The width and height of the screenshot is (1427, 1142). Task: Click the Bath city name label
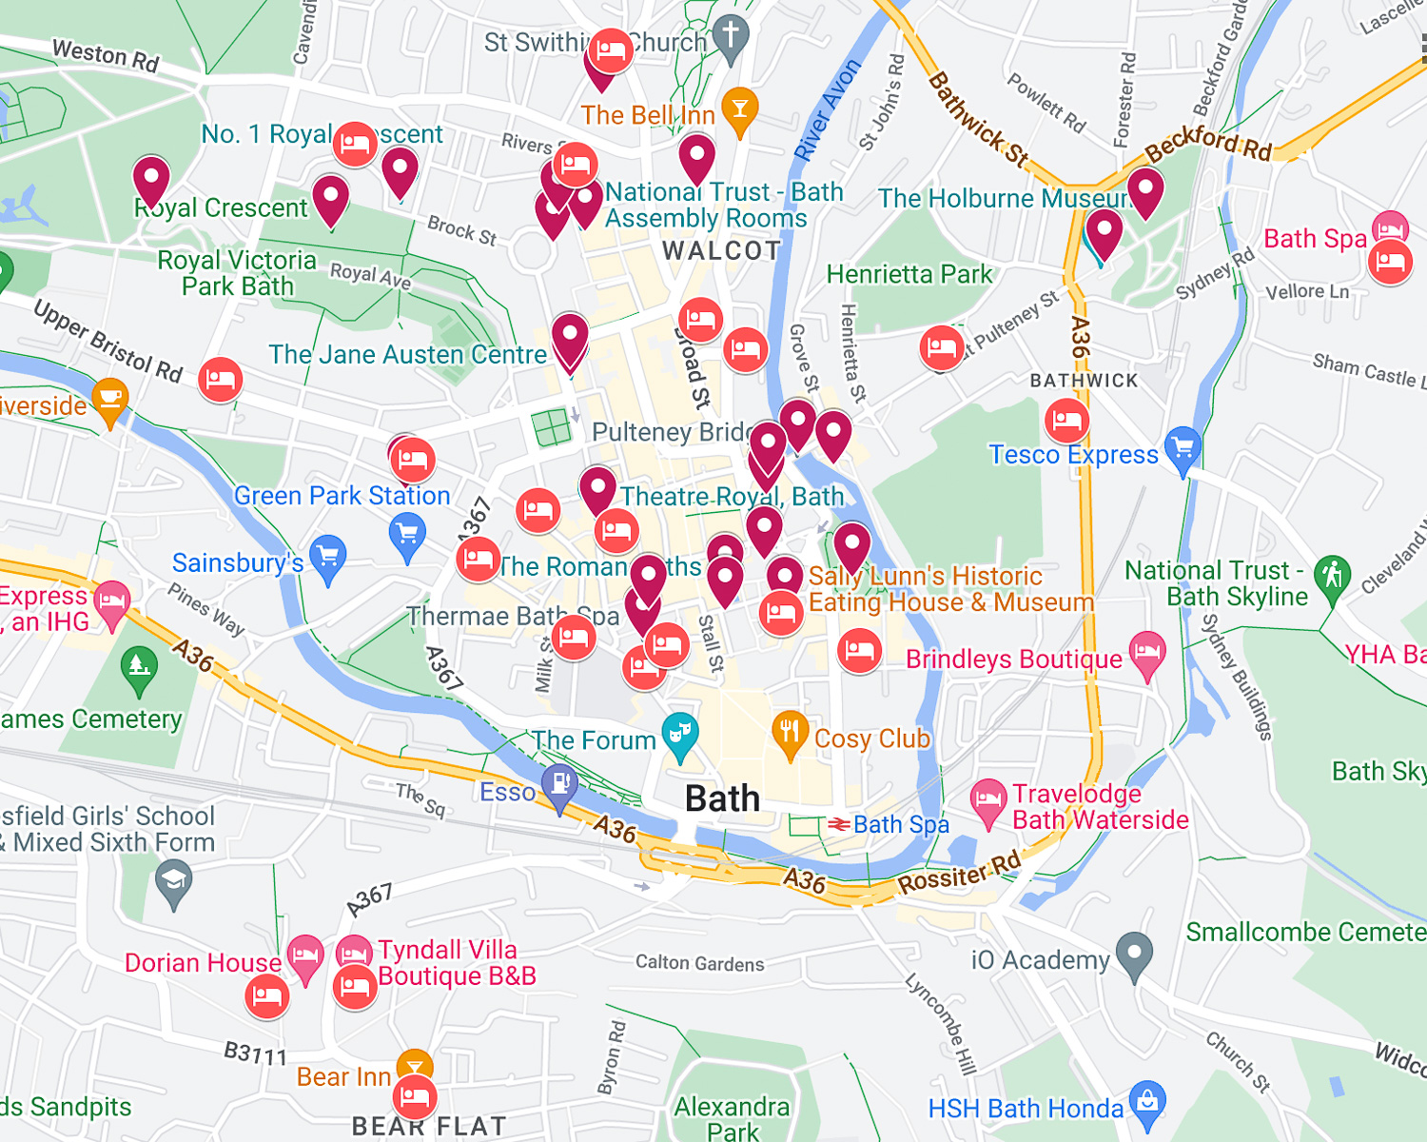722,798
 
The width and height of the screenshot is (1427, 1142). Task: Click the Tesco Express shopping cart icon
1183,447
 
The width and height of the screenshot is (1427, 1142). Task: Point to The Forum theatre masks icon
680,734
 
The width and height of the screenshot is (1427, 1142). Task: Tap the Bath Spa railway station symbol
838,824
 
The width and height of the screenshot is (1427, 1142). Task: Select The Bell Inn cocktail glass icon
739,108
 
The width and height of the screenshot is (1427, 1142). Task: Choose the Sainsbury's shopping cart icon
328,557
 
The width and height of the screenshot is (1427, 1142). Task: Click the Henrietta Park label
909,274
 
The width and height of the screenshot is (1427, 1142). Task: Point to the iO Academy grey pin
1134,954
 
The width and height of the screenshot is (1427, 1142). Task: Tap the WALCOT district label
721,251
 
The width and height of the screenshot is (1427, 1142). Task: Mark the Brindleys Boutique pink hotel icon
1147,653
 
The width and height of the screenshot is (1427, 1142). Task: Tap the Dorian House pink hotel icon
305,955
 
